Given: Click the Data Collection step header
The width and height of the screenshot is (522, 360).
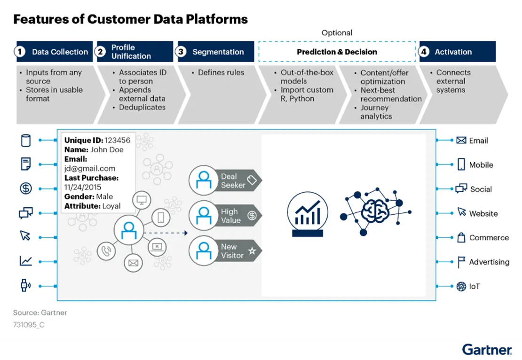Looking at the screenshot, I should click(54, 52).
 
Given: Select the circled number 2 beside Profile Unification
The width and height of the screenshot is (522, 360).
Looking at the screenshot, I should click(101, 52).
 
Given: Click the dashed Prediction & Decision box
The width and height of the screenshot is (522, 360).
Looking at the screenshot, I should click(337, 52).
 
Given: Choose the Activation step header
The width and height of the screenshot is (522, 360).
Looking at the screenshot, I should click(457, 52).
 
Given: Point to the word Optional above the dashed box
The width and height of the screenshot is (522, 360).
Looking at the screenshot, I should click(337, 33).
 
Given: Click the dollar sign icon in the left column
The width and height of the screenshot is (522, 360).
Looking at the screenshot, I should click(25, 188).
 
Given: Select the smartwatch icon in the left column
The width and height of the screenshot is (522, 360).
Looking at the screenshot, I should click(25, 285).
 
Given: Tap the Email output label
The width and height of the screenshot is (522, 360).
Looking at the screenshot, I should click(478, 141).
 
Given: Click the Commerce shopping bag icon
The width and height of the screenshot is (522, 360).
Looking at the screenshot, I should click(461, 238).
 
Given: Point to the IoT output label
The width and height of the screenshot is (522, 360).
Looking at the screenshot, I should click(474, 286).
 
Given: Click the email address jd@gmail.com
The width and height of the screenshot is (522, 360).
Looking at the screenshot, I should click(90, 168).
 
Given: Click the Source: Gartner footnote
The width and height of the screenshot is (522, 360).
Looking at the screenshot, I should click(40, 313).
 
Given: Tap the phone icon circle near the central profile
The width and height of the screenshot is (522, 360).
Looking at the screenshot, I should click(106, 251).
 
